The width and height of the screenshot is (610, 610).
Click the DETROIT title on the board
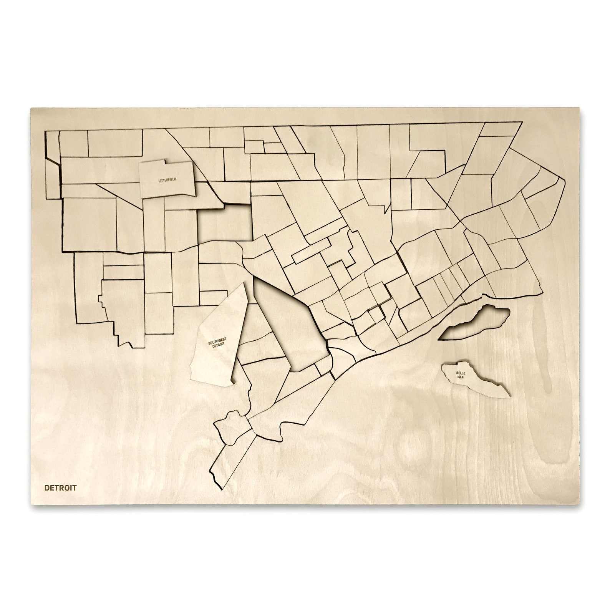click(x=60, y=488)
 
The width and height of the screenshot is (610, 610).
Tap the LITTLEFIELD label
click(x=167, y=180)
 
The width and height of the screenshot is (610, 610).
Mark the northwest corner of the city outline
click(x=46, y=131)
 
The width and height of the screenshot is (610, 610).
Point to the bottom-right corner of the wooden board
click(x=579, y=504)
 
